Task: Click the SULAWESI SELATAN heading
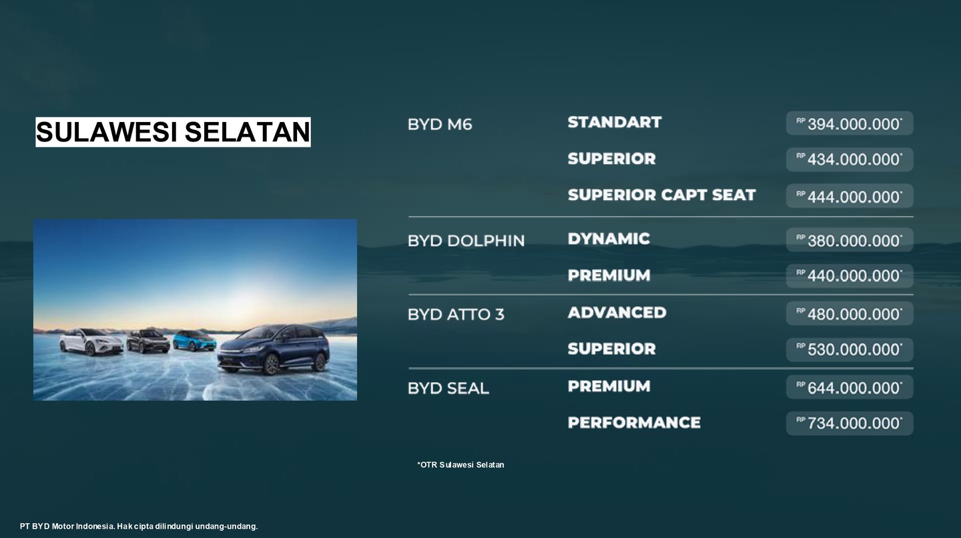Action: point(173,131)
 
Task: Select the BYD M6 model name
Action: point(440,124)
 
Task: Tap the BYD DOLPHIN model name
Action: point(466,241)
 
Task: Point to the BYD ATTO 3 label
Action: point(456,315)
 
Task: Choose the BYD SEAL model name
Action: point(448,389)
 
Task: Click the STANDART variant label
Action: point(615,122)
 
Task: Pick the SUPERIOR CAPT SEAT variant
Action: point(661,195)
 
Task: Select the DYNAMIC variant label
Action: point(609,239)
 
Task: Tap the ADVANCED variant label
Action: point(617,313)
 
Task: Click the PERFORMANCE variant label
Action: point(634,423)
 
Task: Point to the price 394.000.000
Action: point(850,123)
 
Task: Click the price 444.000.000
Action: point(850,197)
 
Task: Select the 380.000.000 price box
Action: point(850,240)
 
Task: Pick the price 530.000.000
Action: point(850,350)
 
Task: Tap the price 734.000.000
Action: point(850,423)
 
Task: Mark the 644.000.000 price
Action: point(850,387)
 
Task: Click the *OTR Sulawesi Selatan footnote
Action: point(460,465)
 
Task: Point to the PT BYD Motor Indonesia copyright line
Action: point(139,526)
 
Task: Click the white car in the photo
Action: point(91,341)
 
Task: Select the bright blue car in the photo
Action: point(194,341)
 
